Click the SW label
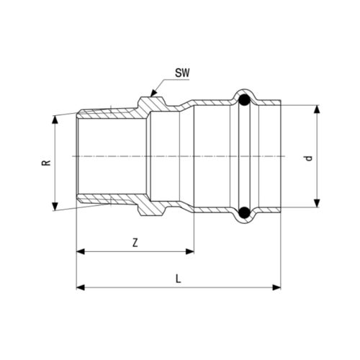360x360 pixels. coord(182,73)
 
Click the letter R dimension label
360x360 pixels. coord(46,163)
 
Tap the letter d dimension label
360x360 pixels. coord(309,158)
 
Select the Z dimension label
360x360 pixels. coord(135,243)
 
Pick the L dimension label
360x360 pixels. coord(178,279)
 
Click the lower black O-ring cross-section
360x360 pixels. coord(245,212)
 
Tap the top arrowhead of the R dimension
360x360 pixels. coord(55,120)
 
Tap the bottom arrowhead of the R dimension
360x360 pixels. coord(55,207)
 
